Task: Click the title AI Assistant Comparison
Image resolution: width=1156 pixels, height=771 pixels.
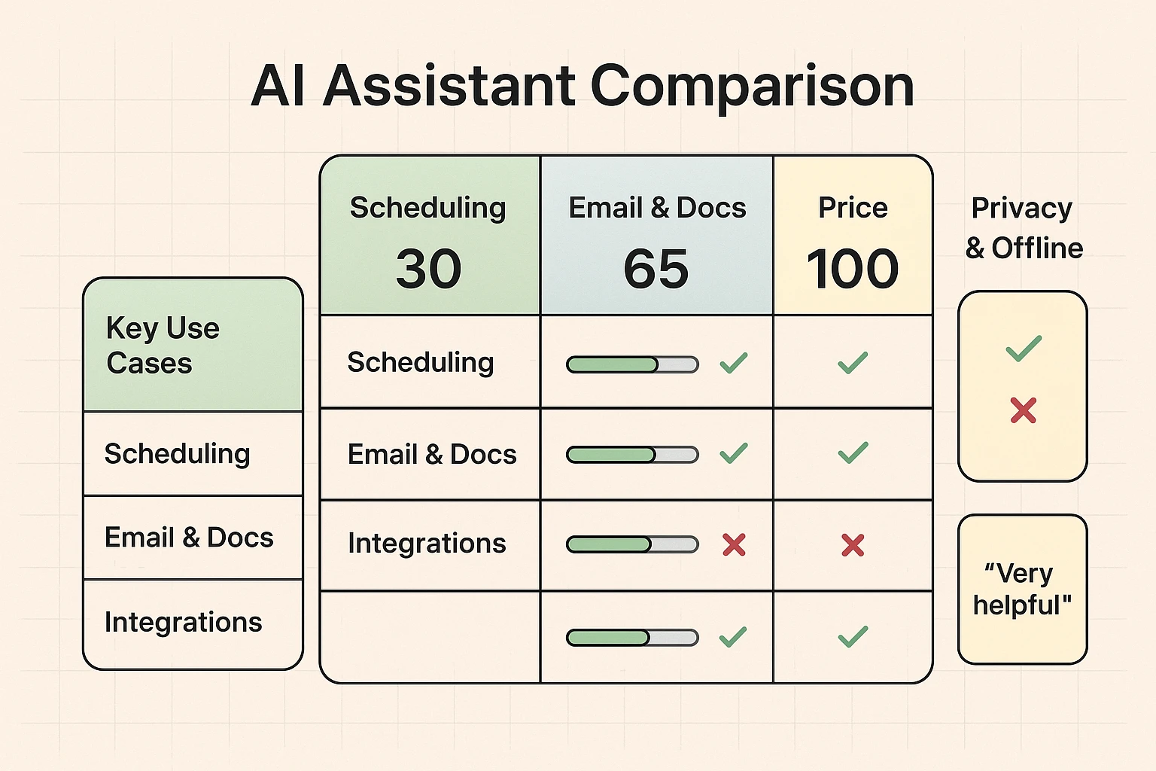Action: [x=582, y=86]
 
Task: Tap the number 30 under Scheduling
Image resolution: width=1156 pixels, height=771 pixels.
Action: [x=428, y=269]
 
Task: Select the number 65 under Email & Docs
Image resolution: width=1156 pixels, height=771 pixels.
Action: [x=656, y=269]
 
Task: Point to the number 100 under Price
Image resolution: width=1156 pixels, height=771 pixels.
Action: [x=852, y=269]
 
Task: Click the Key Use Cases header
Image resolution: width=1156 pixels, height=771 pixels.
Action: [x=163, y=346]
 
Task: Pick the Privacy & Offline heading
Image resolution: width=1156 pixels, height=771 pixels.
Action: [x=1024, y=227]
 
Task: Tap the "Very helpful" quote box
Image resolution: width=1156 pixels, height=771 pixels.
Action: [x=1022, y=589]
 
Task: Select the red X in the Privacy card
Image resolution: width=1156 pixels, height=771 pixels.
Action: [x=1024, y=410]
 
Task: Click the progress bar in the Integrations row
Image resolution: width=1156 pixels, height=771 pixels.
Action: [x=632, y=544]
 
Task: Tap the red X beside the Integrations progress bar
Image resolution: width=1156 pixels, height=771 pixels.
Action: [x=734, y=544]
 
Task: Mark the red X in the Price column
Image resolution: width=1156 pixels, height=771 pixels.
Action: [x=853, y=544]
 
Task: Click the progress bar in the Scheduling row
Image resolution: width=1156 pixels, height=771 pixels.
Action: [x=632, y=365]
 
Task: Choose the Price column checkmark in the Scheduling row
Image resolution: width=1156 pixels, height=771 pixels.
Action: [x=853, y=363]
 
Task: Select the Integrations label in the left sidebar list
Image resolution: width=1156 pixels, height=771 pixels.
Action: [x=183, y=623]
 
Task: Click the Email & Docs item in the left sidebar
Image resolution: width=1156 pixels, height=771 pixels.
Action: [x=189, y=538]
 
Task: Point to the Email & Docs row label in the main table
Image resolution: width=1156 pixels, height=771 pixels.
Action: [x=432, y=455]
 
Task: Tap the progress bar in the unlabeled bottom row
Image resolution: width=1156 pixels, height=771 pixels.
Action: [x=632, y=638]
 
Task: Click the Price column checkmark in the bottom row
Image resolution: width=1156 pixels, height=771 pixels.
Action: [x=853, y=637]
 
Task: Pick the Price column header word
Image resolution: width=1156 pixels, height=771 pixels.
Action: [x=853, y=208]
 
